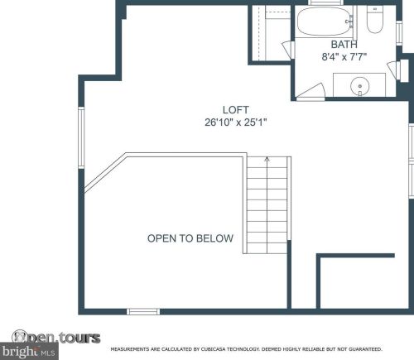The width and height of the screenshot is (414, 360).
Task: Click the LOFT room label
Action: click(x=235, y=110)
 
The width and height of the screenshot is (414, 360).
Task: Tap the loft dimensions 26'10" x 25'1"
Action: click(x=236, y=122)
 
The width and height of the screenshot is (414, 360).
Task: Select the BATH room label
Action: click(x=344, y=45)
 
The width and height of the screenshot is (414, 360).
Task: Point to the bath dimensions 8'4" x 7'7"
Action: click(x=344, y=57)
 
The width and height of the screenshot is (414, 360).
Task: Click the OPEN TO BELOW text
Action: click(x=190, y=238)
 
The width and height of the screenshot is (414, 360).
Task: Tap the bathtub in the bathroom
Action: click(x=325, y=21)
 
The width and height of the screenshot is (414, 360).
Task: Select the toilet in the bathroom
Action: click(x=374, y=20)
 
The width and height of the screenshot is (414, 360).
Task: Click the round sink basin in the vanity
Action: click(x=359, y=86)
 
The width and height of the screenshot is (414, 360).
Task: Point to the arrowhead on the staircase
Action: click(x=267, y=159)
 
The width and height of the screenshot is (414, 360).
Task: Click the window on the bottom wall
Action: click(x=143, y=311)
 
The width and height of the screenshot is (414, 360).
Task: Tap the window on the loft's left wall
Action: click(x=81, y=137)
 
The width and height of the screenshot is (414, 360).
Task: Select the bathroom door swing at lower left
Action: click(x=310, y=90)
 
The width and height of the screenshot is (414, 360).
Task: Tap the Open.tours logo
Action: click(x=56, y=338)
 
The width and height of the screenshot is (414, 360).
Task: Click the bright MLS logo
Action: click(x=29, y=352)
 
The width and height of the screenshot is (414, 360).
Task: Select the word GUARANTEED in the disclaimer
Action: click(x=365, y=349)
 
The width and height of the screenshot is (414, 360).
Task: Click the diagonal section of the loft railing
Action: click(x=105, y=172)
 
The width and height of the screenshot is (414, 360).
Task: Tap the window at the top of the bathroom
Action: click(x=325, y=2)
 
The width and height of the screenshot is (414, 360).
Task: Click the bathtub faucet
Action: click(x=350, y=22)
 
